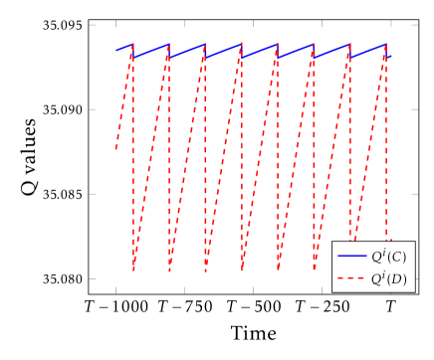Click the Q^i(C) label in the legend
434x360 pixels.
388,257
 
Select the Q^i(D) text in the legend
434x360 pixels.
388,278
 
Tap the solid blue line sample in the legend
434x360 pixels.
352,257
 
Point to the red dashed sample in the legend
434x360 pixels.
352,279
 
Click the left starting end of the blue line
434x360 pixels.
115,50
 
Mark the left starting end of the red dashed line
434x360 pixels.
115,150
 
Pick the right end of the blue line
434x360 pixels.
391,57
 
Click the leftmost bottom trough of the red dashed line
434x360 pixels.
133,270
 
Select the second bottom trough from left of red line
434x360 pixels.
169,270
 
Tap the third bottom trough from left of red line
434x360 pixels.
206,270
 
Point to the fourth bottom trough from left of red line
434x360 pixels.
242,270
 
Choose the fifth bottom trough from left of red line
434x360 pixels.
278,270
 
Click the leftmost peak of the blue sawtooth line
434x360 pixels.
132,44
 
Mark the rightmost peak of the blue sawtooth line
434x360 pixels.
385,44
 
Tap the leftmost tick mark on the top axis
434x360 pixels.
115,24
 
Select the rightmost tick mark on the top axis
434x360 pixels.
390,24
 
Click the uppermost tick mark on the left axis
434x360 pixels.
93,25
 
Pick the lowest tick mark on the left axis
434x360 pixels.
93,278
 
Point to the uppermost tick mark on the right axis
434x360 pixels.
415,25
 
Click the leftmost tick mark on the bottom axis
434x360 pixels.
115,290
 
